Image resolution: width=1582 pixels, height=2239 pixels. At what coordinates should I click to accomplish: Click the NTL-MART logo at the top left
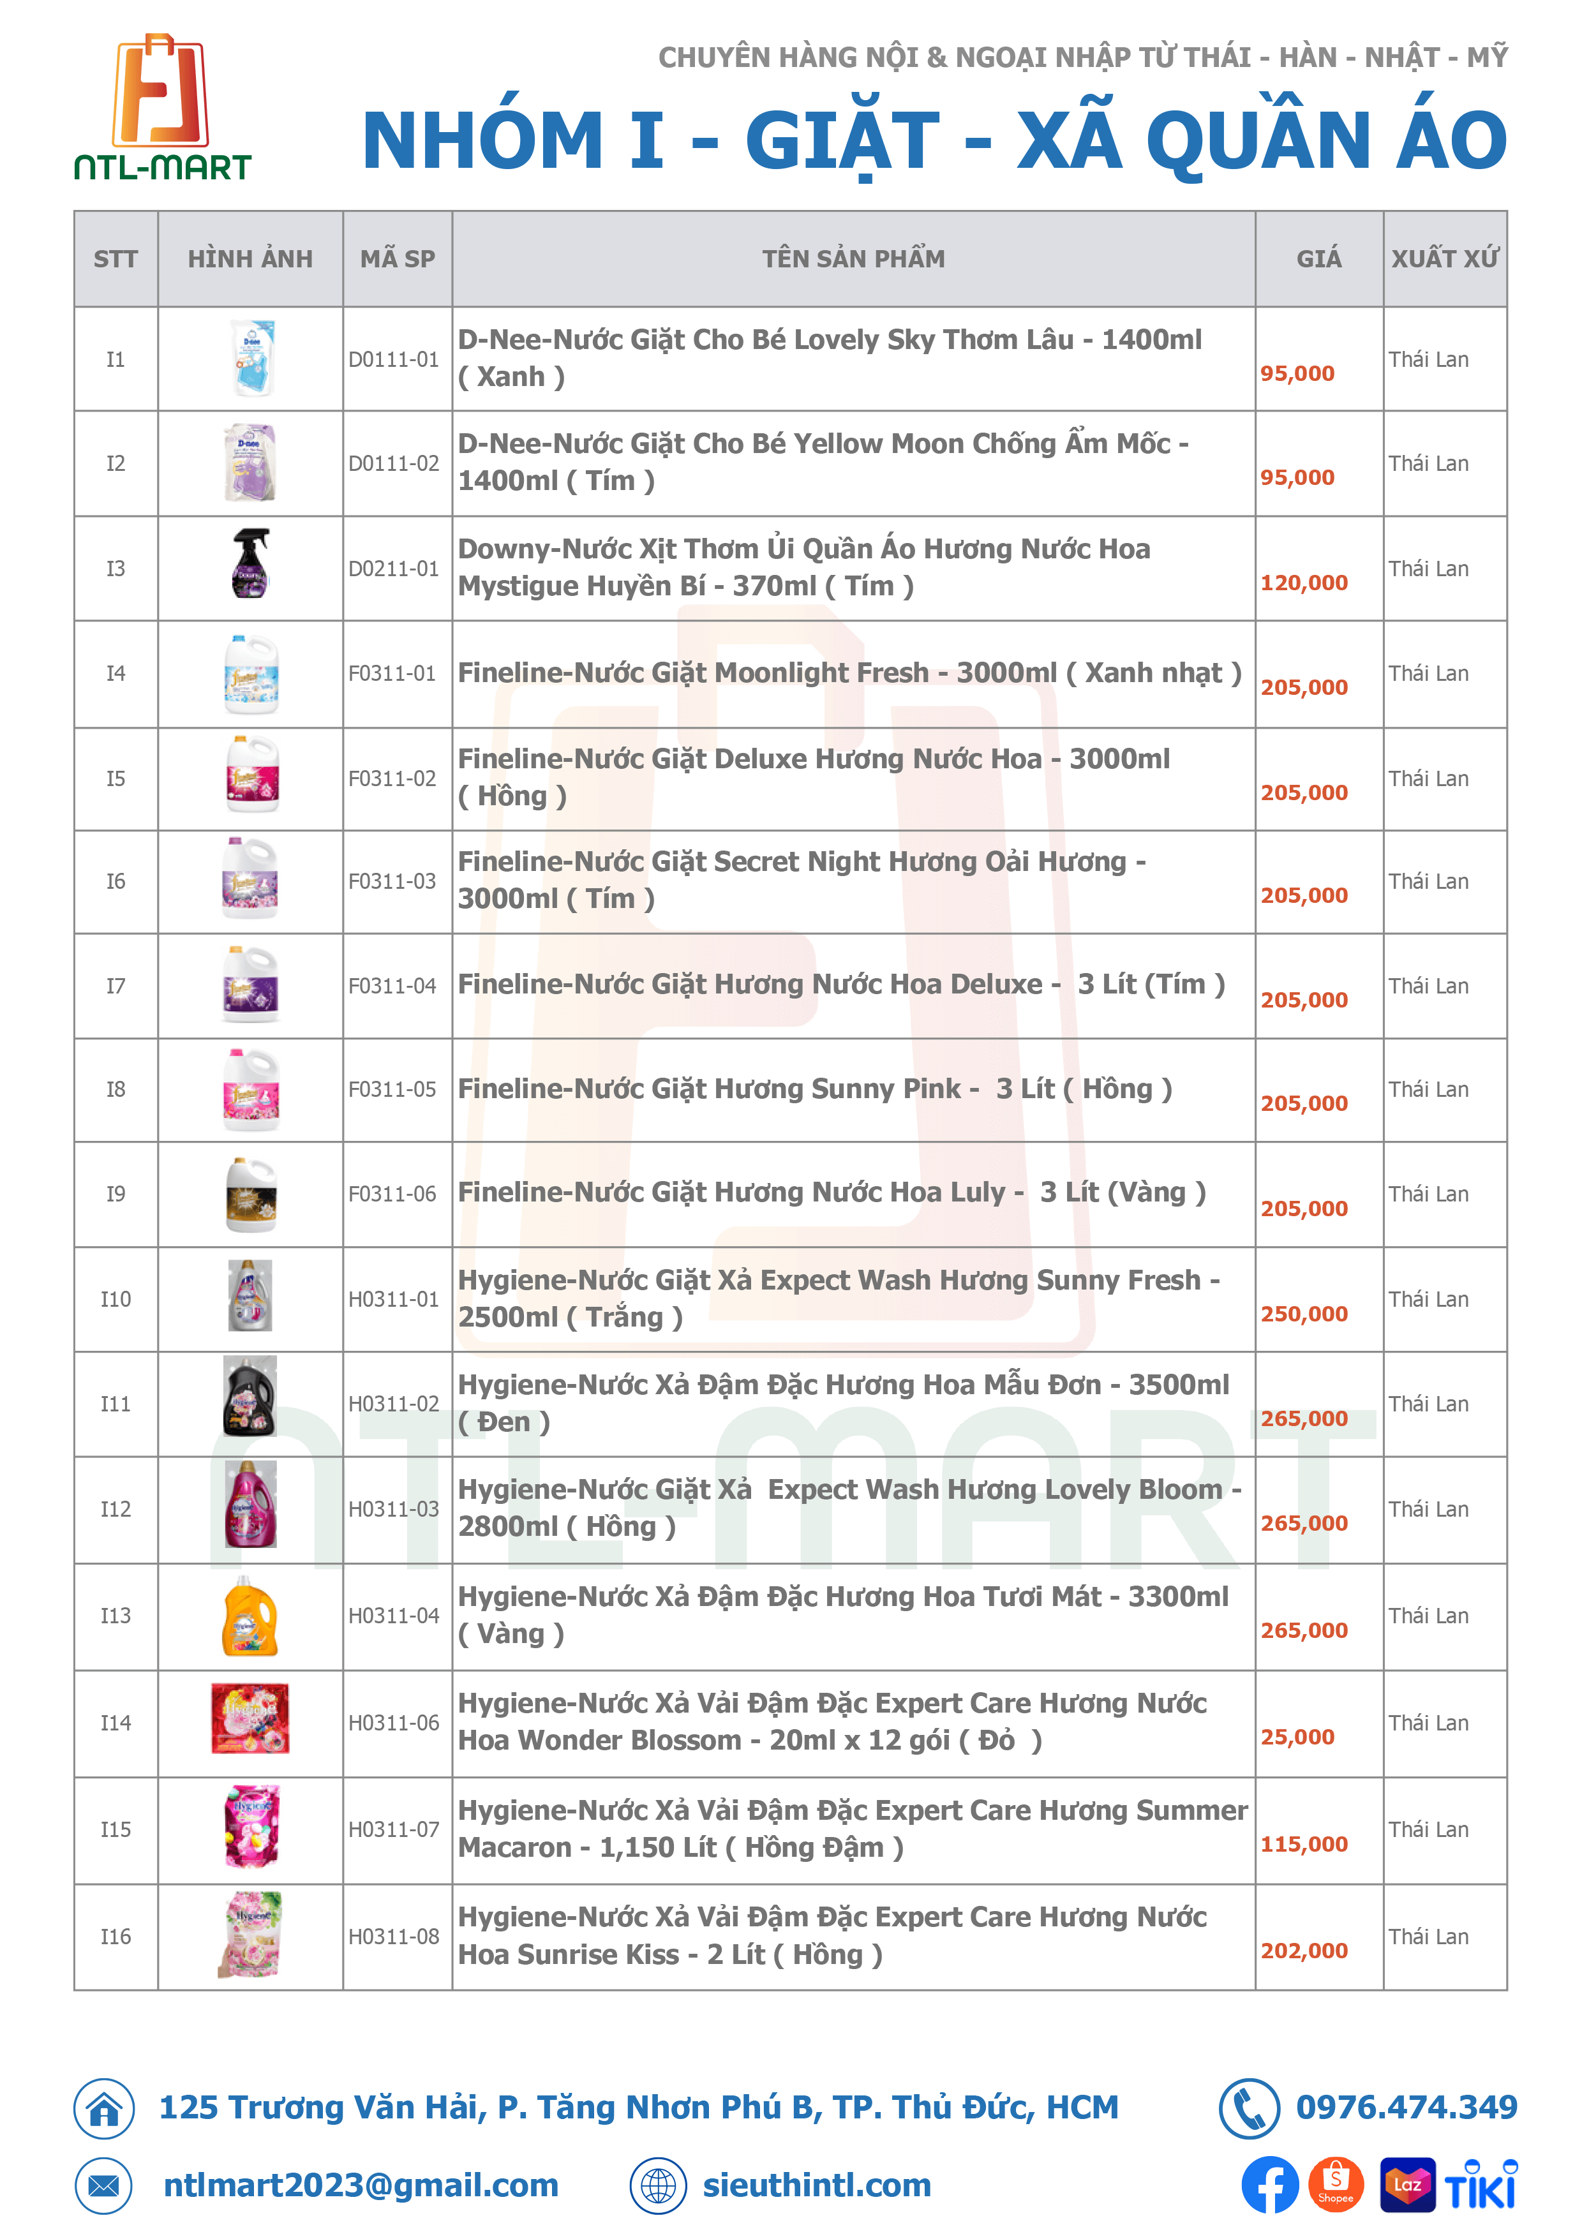point(162,107)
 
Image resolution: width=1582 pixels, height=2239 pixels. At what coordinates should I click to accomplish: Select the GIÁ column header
point(1318,258)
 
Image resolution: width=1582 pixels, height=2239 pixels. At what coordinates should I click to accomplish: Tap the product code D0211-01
point(394,569)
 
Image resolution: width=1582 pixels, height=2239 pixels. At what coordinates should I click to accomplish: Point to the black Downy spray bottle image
point(251,563)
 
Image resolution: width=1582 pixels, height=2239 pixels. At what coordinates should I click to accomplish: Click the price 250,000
point(1304,1314)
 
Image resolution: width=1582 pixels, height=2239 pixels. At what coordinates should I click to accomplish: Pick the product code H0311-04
point(394,1616)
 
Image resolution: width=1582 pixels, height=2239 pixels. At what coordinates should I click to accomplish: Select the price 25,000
point(1297,1737)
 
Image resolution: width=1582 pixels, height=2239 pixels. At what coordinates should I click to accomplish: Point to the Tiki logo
point(1481,2185)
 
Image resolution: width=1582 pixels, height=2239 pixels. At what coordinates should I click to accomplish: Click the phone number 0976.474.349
point(1405,2108)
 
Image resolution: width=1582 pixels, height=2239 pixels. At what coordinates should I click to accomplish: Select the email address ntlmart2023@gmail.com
point(361,2185)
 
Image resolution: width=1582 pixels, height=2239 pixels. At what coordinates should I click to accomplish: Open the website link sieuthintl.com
point(816,2185)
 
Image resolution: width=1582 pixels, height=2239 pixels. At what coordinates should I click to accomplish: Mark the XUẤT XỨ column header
point(1445,258)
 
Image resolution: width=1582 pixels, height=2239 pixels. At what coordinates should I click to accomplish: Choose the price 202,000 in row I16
point(1304,1951)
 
